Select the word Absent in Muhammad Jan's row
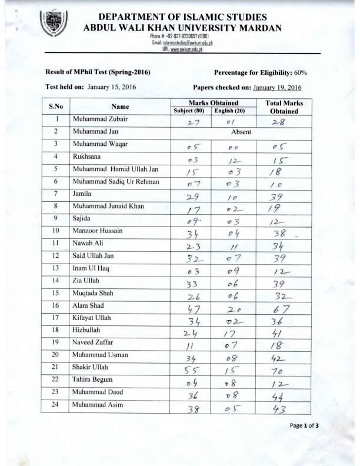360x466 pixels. (241, 132)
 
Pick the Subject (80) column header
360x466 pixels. (194, 111)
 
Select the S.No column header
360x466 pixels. (55, 106)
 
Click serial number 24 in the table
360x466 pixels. (55, 405)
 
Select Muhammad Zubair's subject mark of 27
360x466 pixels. (194, 122)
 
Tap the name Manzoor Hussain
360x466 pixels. (97, 231)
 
